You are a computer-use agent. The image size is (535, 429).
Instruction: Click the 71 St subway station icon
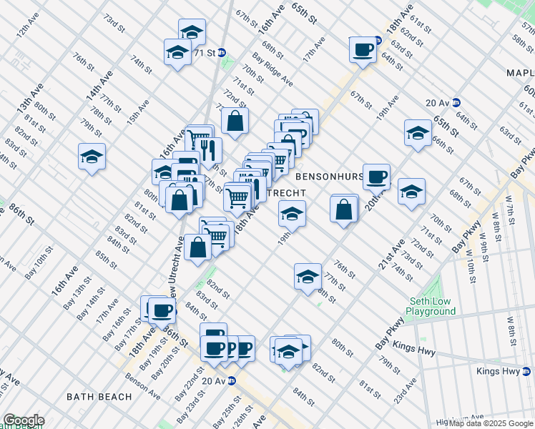pyautogui.click(x=222, y=53)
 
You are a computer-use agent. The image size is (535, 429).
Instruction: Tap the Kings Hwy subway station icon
pyautogui.click(x=528, y=371)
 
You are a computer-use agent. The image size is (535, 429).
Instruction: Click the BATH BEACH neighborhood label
pyautogui.click(x=99, y=396)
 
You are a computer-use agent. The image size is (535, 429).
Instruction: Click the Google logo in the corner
pyautogui.click(x=23, y=420)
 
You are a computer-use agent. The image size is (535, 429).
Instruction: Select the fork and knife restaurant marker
pyautogui.click(x=209, y=150)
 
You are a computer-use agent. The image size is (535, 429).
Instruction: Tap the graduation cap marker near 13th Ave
pyautogui.click(x=92, y=157)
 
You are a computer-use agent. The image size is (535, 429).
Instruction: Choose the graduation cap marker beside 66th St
pyautogui.click(x=418, y=132)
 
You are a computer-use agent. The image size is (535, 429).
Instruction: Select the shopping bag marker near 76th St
pyautogui.click(x=344, y=209)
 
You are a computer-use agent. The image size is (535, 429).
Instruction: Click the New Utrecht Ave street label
pyautogui.click(x=178, y=268)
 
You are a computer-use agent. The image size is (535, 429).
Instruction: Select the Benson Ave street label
pyautogui.click(x=142, y=385)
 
